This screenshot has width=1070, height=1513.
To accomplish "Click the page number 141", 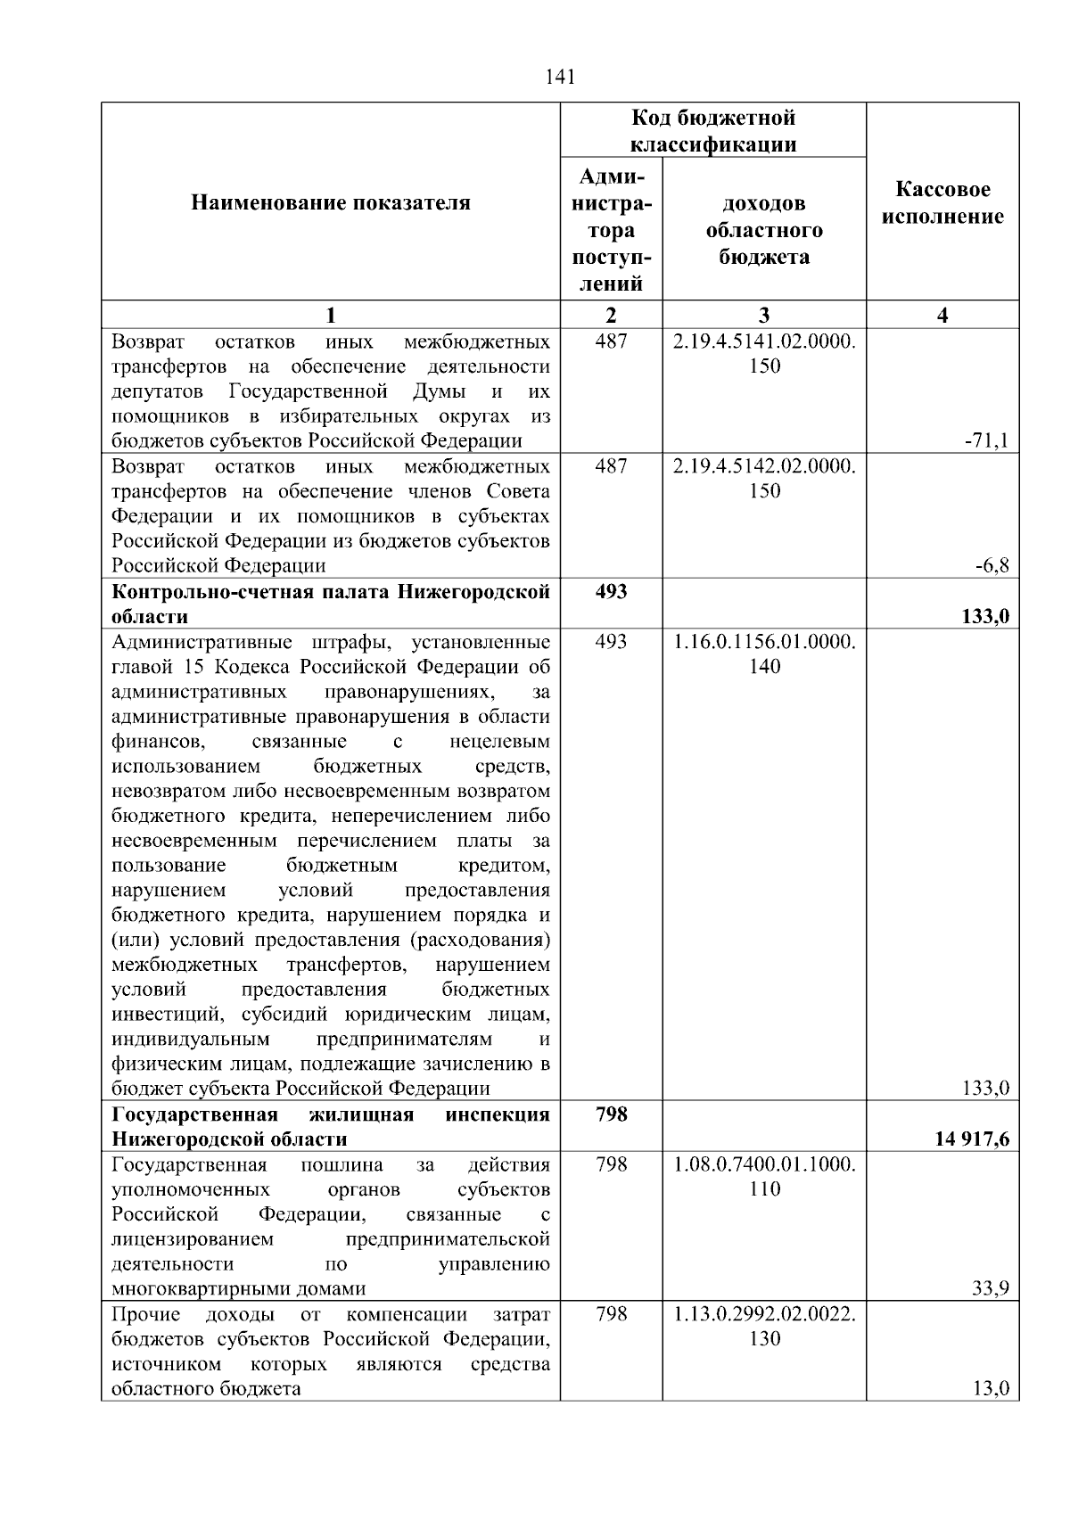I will click(x=560, y=77).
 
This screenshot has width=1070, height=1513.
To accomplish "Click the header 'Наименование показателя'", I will click(x=331, y=203).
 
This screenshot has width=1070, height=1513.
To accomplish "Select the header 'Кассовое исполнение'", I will click(x=942, y=203).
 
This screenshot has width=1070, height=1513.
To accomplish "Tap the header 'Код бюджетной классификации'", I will click(x=713, y=131).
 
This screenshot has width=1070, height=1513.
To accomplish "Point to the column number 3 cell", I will click(x=764, y=315).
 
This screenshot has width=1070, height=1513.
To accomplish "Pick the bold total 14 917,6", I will click(x=972, y=1139).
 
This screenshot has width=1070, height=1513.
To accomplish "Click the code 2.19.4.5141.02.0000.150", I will click(x=764, y=354).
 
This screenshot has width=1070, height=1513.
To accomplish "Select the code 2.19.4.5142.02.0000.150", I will click(x=764, y=479).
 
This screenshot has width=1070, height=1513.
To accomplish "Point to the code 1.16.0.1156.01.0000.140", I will click(x=764, y=654).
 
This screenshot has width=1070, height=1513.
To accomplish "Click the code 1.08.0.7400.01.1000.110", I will click(x=764, y=1176).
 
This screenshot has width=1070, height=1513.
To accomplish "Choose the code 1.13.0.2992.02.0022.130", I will click(x=764, y=1326).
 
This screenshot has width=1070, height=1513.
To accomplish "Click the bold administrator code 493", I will click(x=611, y=592).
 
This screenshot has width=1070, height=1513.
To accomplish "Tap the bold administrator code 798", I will click(x=611, y=1114).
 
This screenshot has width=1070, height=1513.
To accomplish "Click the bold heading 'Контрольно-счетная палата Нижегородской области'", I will click(x=331, y=604).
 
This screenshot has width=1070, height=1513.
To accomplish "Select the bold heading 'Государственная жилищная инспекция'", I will click(x=331, y=1126).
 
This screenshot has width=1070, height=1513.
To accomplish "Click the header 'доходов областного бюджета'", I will click(x=764, y=230).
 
